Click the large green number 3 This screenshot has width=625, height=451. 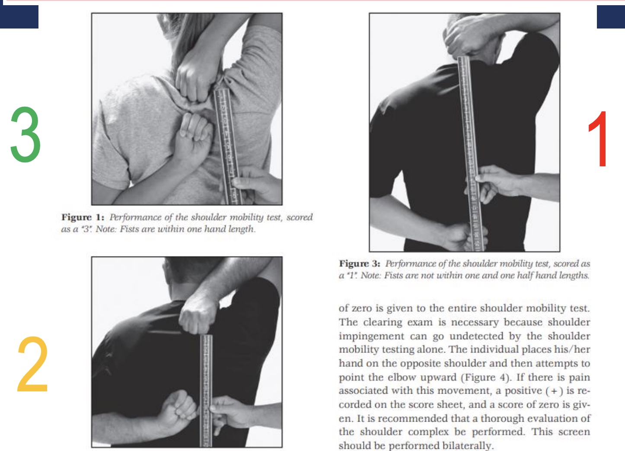26,134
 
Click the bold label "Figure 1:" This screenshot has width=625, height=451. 83,217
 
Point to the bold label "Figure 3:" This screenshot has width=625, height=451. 360,264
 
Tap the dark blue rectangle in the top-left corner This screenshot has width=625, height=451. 19,17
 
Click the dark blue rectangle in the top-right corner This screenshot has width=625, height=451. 610,17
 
